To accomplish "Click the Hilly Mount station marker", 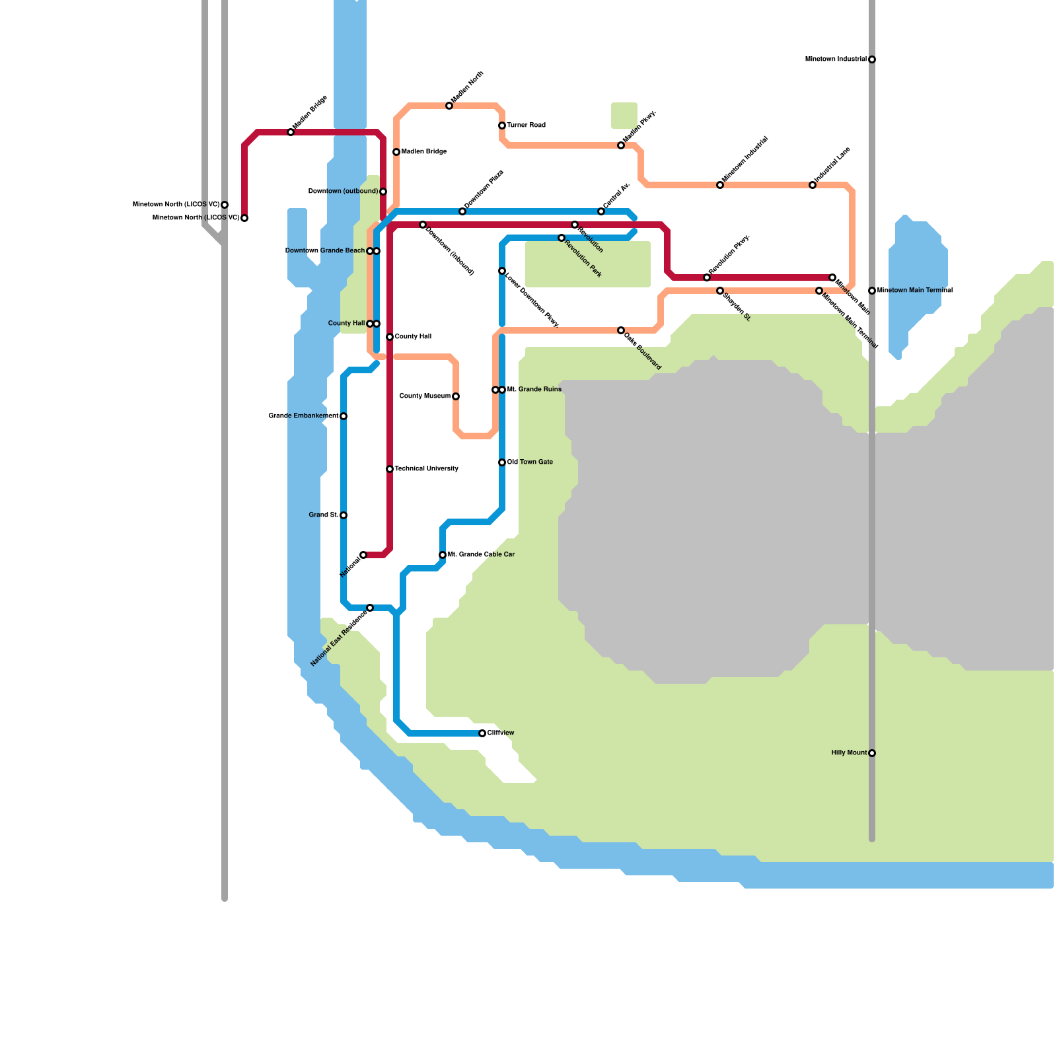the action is (872, 753).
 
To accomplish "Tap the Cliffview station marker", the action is (482, 733).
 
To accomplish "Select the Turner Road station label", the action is (526, 126).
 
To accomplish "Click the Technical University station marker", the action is (390, 469).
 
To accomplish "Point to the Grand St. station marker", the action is (344, 515).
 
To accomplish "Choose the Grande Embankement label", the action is (303, 416).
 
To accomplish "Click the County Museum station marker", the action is (456, 396).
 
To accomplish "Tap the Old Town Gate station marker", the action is (502, 462).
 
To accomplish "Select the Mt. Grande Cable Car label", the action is (481, 555).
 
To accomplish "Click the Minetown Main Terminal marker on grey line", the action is (872, 291).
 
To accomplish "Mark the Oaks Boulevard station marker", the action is (621, 330).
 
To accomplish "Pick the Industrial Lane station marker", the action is (813, 185).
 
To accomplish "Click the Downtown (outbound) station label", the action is (343, 192).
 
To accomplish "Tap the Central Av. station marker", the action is (601, 211).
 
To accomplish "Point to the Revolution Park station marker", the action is (562, 238).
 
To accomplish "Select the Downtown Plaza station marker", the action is (462, 211).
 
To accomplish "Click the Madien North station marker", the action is (449, 106).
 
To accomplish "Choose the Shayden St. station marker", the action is (720, 291).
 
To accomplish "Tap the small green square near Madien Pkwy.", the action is (624, 116).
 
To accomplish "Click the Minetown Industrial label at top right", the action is (836, 59).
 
